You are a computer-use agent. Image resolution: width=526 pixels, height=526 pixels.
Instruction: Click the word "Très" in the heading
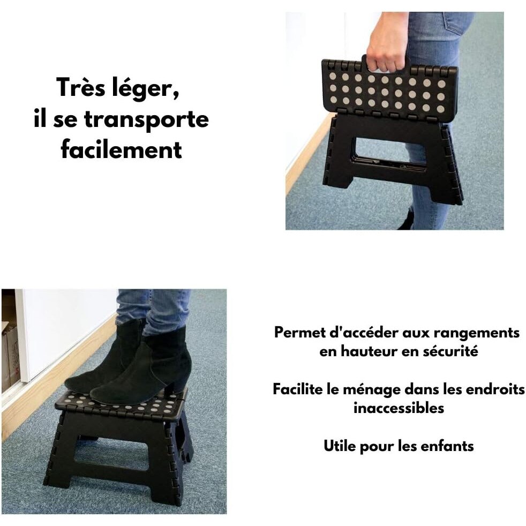pos(80,87)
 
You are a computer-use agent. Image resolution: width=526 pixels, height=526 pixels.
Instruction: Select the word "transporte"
pos(146,119)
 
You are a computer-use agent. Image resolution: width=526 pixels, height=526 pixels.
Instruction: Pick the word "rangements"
pos(476,334)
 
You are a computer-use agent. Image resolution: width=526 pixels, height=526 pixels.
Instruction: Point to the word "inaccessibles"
pos(399,408)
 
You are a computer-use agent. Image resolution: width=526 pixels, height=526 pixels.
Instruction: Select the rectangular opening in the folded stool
pos(390,154)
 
